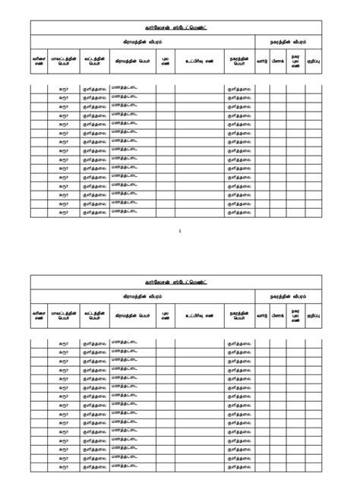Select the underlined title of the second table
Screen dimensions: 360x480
click(180, 283)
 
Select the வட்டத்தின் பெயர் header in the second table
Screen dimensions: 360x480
click(94, 314)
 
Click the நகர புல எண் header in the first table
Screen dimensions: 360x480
click(296, 60)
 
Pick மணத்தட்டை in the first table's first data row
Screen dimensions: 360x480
click(124, 89)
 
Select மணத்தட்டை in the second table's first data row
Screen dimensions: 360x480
click(124, 343)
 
